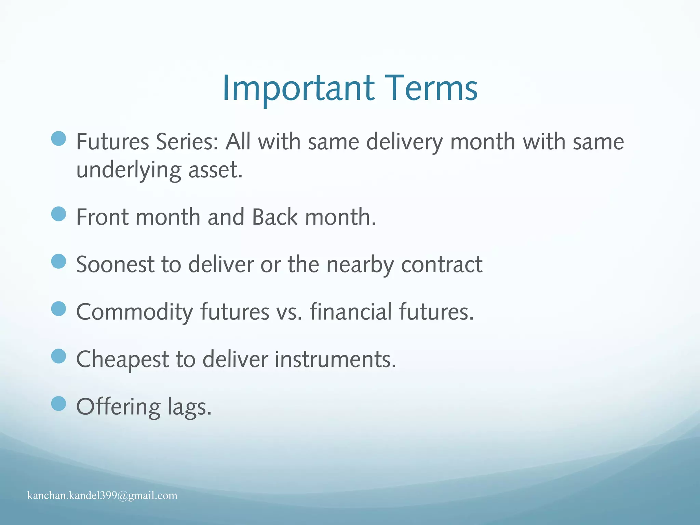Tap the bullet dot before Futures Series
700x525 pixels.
click(x=58, y=138)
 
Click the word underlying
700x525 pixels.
click(x=129, y=170)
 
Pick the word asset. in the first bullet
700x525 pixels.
click(x=215, y=170)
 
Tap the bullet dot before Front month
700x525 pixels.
click(x=58, y=214)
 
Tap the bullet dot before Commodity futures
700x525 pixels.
click(x=58, y=309)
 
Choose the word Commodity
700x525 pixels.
click(x=134, y=312)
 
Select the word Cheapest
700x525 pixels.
click(x=122, y=359)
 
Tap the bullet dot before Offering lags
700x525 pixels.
click(x=58, y=404)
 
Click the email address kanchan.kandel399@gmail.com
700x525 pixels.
click(x=102, y=495)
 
